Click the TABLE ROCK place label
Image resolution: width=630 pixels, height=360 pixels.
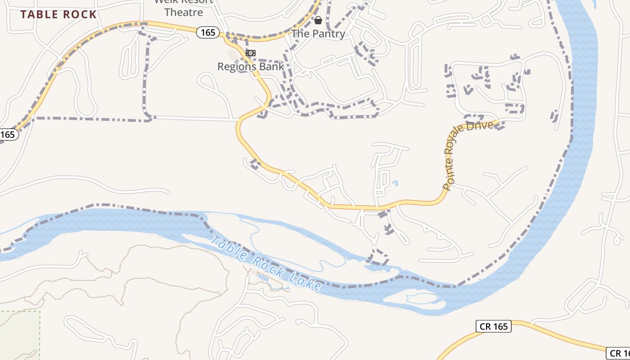58,14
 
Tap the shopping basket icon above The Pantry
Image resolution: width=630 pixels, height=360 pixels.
318,20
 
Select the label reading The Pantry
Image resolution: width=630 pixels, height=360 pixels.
318,34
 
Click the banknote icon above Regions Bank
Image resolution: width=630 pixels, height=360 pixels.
251,53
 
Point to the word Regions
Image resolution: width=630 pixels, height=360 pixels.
237,67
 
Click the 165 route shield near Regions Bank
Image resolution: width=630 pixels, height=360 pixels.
208,32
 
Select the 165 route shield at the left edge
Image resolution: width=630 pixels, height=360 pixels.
7,134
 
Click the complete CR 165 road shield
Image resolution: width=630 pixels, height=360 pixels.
494,326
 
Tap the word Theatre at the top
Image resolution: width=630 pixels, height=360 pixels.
184,12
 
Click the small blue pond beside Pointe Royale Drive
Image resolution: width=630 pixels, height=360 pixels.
395,183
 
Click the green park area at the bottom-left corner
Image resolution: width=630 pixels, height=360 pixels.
18,335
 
